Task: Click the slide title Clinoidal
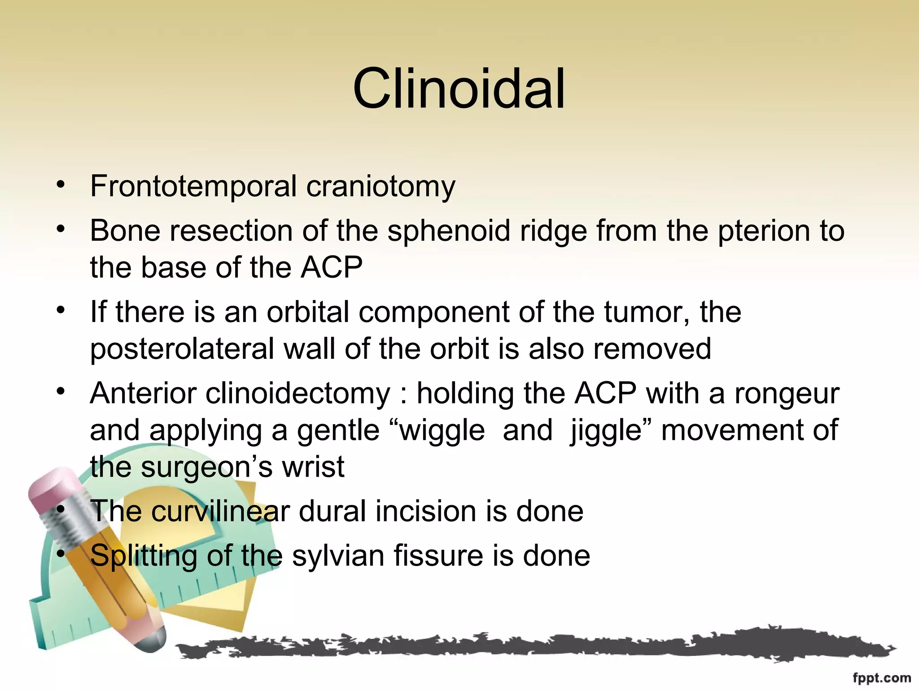coord(459,88)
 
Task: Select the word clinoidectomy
coord(298,394)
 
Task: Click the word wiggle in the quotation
coord(442,431)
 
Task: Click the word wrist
coord(313,467)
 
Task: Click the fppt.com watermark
coord(881,678)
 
